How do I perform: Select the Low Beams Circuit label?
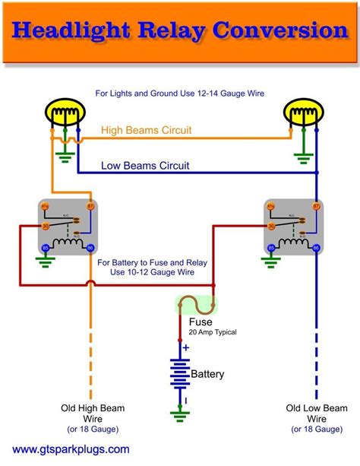(x=146, y=165)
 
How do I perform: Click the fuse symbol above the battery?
(x=195, y=306)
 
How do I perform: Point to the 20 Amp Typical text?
(x=212, y=332)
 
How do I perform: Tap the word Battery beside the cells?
(x=207, y=374)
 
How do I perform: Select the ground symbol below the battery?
(x=180, y=415)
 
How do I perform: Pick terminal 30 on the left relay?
(x=46, y=226)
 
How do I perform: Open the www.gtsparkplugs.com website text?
(x=66, y=450)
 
